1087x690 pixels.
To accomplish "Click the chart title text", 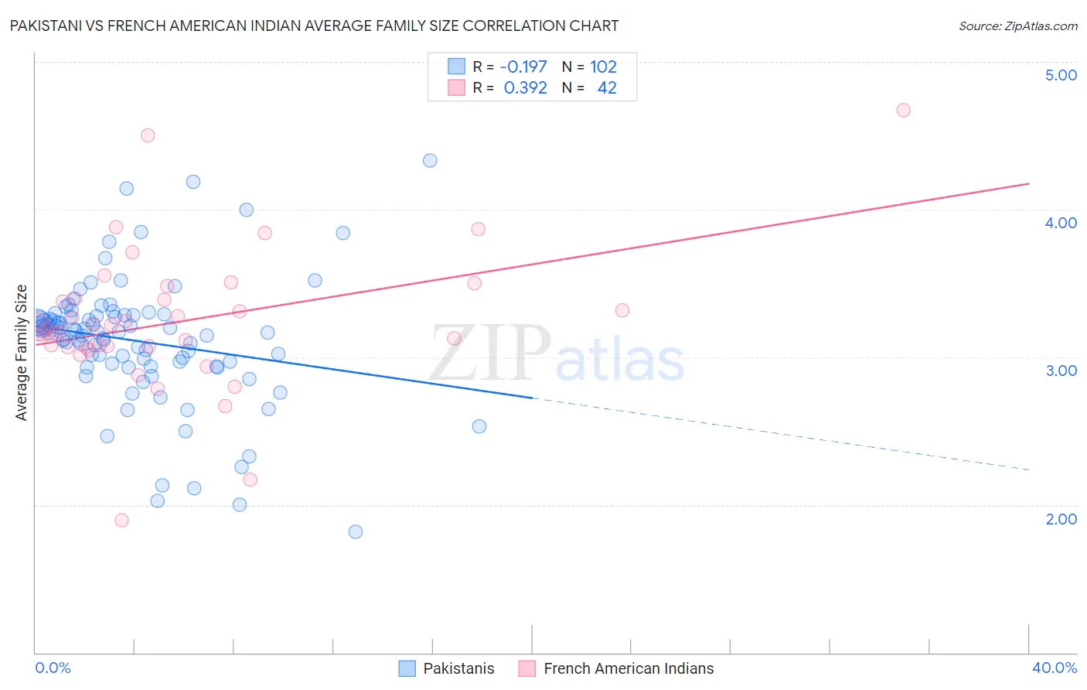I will pos(314,26).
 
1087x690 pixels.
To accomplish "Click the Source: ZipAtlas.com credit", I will pos(1017,26).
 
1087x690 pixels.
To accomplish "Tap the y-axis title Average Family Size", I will pos(22,353).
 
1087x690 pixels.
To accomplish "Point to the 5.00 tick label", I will pos(1061,75).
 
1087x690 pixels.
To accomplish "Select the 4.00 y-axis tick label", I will pos(1061,223).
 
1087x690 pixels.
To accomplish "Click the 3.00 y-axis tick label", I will pos(1061,371).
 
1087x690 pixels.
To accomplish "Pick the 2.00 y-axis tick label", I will pos(1061,519).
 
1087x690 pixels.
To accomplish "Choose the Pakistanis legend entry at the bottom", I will pos(458,668).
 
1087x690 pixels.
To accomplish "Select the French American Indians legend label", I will pos(628,668).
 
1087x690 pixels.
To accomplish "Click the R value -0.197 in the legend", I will pos(523,67).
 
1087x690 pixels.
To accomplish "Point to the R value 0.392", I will pos(525,88).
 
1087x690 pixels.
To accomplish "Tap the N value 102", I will pos(603,67).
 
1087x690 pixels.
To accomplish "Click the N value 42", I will pos(607,88).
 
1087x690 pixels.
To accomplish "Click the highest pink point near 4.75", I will pos(903,110).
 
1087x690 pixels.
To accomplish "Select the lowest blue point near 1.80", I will pos(356,531).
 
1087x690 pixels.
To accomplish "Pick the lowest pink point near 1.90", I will pos(121,520).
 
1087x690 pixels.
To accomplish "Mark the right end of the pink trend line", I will pos(1028,183).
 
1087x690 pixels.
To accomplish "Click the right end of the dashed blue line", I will pos(1028,470).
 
